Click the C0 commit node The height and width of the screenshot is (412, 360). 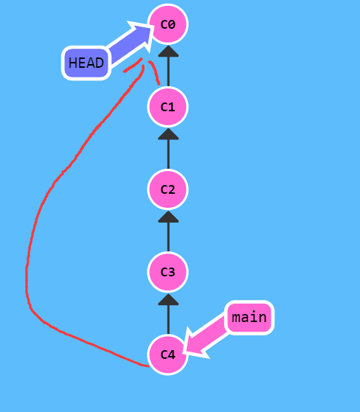[167, 24]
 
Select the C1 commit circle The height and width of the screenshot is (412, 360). [167, 107]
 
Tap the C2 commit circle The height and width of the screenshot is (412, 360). [167, 189]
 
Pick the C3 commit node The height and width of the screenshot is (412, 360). [167, 272]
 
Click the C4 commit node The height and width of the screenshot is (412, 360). [167, 355]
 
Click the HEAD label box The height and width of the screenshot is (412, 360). [86, 63]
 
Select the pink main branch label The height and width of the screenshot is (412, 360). [249, 318]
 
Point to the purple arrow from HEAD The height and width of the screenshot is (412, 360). [129, 43]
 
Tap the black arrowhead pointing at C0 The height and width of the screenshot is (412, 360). [168, 52]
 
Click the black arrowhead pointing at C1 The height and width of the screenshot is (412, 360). [168, 134]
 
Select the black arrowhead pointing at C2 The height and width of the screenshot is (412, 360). [168, 217]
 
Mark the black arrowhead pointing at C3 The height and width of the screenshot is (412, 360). [168, 299]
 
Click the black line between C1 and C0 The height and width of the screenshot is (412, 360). [168, 71]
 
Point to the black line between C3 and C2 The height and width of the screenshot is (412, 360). [168, 237]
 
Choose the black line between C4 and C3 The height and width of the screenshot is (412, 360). [168, 320]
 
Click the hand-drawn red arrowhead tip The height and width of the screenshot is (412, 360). [144, 60]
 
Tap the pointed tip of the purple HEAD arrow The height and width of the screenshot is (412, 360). [153, 26]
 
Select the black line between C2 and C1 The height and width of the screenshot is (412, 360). [168, 154]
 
